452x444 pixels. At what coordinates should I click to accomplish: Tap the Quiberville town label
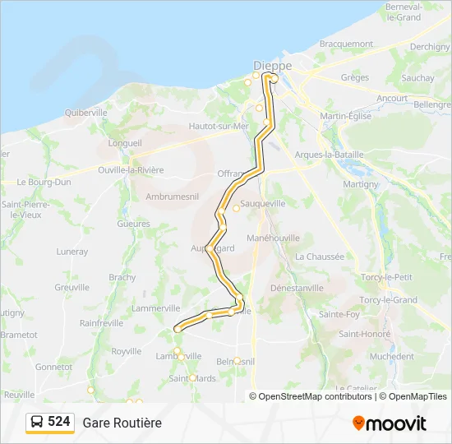[85, 112]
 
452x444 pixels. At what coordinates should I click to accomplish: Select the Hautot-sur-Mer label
[219, 126]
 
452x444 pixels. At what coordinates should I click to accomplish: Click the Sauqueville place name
[261, 202]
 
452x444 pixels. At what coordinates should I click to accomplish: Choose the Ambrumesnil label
[172, 197]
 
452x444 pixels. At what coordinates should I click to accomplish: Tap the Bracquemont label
[346, 43]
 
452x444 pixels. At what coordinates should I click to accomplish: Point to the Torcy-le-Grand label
[389, 300]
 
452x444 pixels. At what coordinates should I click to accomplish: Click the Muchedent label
[392, 356]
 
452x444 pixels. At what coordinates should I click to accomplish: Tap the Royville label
[127, 350]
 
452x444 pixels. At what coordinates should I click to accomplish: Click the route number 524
[59, 421]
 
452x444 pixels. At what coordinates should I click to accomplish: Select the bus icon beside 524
[38, 422]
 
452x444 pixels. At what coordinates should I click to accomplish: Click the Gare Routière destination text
[122, 423]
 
